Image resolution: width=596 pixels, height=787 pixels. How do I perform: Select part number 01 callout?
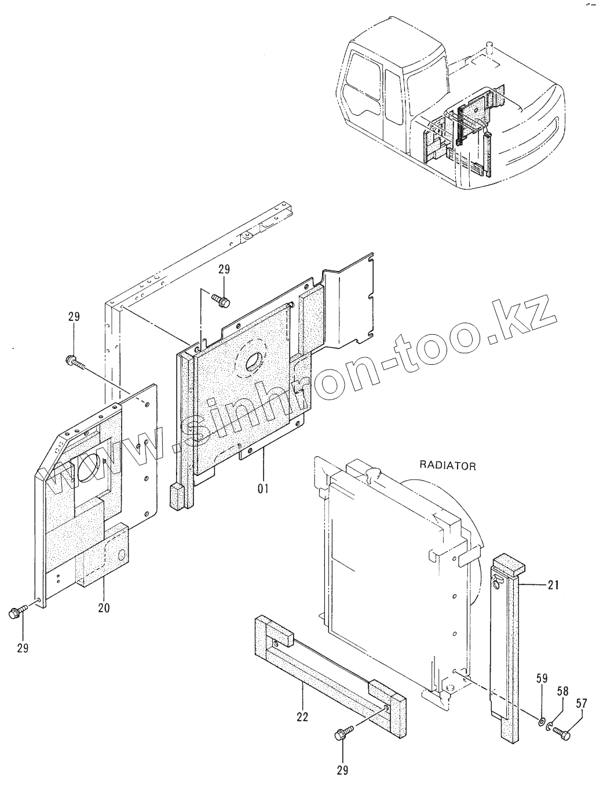pyautogui.click(x=263, y=489)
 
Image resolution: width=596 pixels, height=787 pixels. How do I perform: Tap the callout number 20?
pyautogui.click(x=104, y=608)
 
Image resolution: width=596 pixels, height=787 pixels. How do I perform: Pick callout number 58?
pyautogui.click(x=562, y=691)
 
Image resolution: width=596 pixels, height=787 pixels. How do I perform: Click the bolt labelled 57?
pyautogui.click(x=563, y=734)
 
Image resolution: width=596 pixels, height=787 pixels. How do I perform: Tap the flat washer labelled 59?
pyautogui.click(x=541, y=722)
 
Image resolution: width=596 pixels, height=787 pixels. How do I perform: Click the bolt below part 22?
pyautogui.click(x=342, y=736)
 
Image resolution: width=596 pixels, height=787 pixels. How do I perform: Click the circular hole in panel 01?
pyautogui.click(x=253, y=363)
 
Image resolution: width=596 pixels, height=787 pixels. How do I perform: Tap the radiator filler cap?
pyautogui.click(x=372, y=474)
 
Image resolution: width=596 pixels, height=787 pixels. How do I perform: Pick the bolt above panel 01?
pyautogui.click(x=221, y=300)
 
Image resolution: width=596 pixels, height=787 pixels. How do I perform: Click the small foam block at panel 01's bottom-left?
pyautogui.click(x=177, y=497)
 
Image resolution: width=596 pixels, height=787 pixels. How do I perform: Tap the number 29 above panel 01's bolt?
pyautogui.click(x=224, y=269)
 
